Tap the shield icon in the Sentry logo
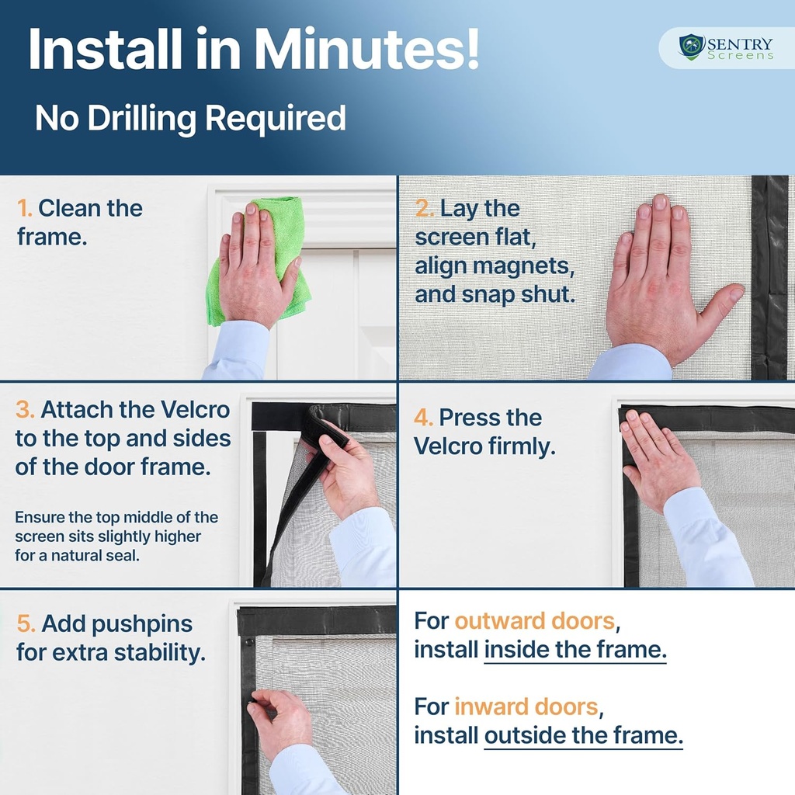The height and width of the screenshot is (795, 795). click(x=691, y=47)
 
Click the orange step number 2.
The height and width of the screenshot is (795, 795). click(x=424, y=208)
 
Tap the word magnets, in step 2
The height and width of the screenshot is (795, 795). click(x=526, y=266)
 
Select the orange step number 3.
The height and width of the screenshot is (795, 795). click(x=24, y=410)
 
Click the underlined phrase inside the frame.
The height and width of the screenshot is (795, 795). click(x=575, y=649)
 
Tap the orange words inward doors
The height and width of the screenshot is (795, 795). click(x=526, y=706)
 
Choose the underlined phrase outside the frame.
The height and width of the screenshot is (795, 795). click(x=583, y=735)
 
